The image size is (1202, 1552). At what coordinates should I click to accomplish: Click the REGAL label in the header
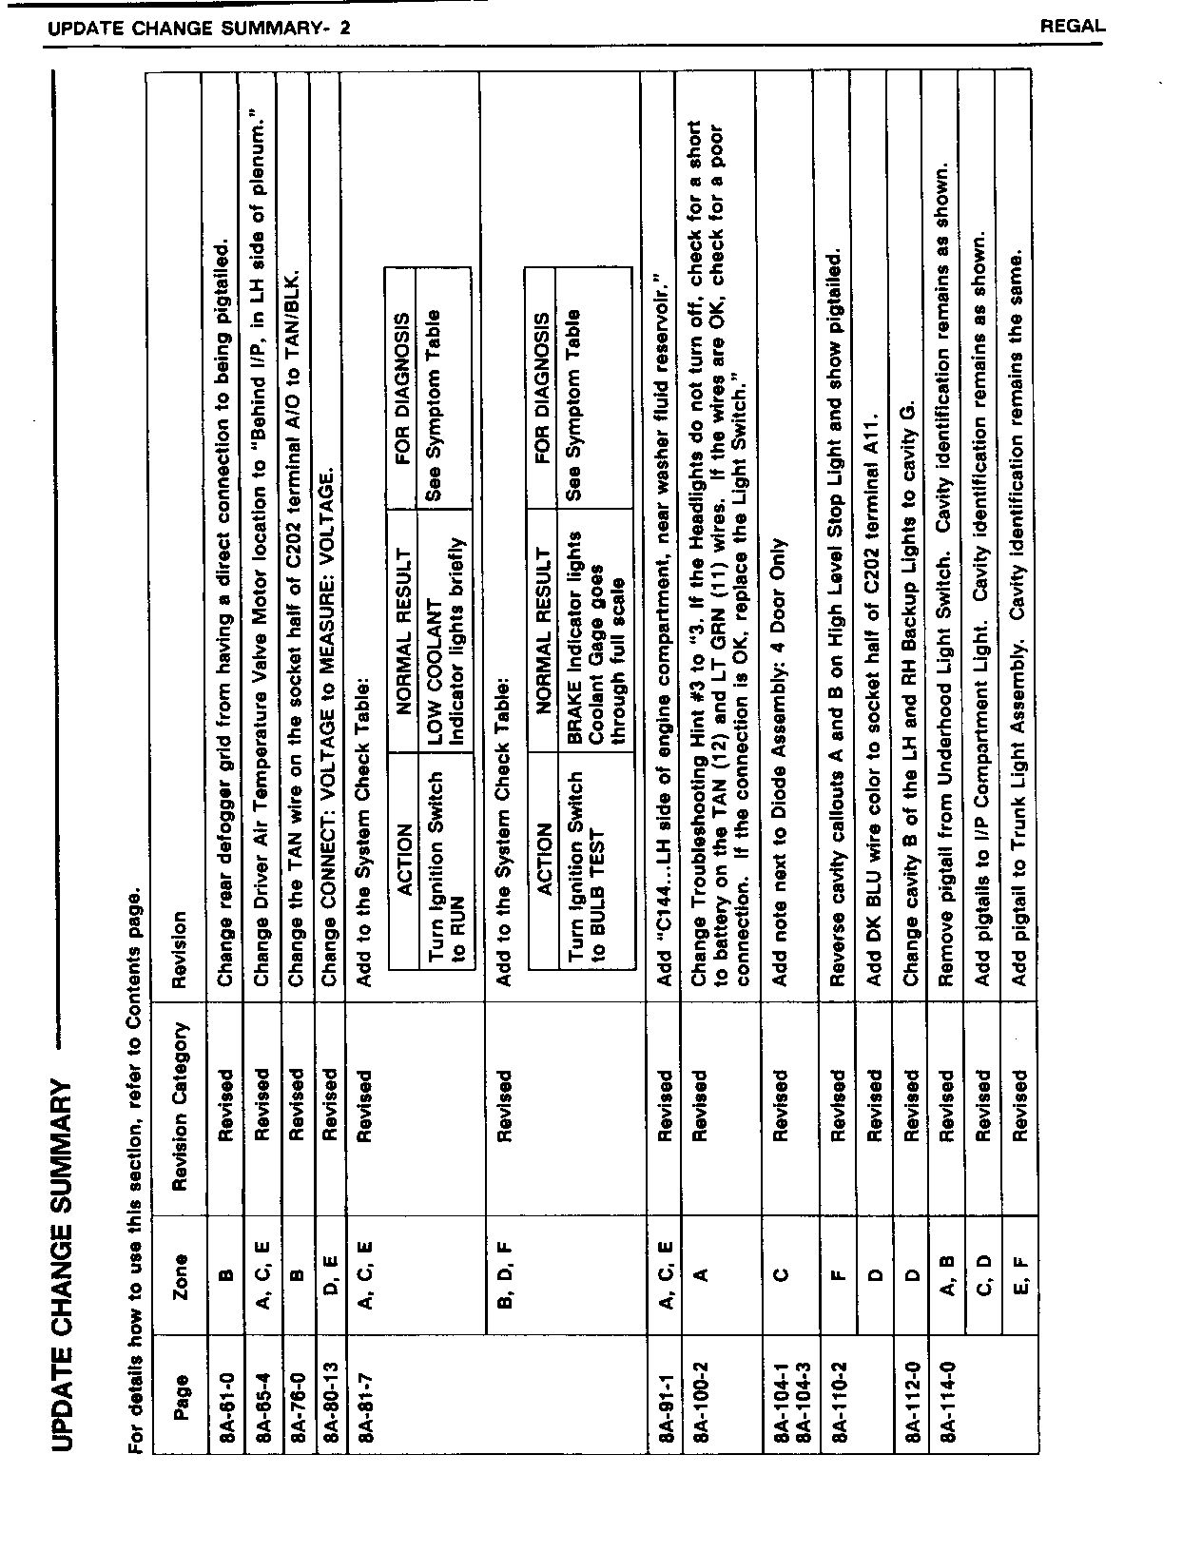coord(1073,28)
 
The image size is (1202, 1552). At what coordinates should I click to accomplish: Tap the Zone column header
coord(181,1275)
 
